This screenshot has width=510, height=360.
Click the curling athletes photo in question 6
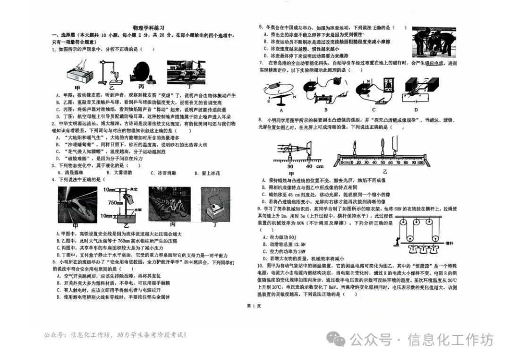[x=434, y=42]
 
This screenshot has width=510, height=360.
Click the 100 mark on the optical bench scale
[x=419, y=162]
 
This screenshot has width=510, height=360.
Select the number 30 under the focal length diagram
[x=290, y=166]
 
